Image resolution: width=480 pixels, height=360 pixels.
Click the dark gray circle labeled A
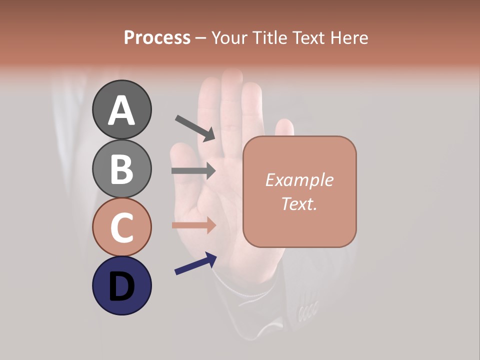pyautogui.click(x=121, y=109)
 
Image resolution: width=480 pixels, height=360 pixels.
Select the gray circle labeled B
pyautogui.click(x=121, y=168)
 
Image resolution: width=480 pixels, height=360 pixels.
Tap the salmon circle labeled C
pyautogui.click(x=121, y=227)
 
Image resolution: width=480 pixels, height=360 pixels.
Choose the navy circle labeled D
pyautogui.click(x=121, y=285)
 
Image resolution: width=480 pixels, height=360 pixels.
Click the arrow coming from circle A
pyautogui.click(x=194, y=128)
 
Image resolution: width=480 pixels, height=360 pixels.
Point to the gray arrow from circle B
pyautogui.click(x=193, y=171)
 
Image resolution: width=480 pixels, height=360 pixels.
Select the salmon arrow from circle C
pyautogui.click(x=193, y=225)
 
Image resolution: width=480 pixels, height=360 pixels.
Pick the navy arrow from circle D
pyautogui.click(x=195, y=263)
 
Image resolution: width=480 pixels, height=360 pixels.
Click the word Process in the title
pyautogui.click(x=157, y=37)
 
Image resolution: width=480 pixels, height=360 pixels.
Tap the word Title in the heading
pyautogui.click(x=269, y=37)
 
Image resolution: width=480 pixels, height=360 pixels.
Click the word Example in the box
pyautogui.click(x=299, y=180)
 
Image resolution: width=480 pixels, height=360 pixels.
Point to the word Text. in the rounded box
pyautogui.click(x=299, y=203)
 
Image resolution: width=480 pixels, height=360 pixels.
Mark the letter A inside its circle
pyautogui.click(x=121, y=110)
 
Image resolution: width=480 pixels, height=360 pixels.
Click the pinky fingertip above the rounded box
pyautogui.click(x=284, y=126)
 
